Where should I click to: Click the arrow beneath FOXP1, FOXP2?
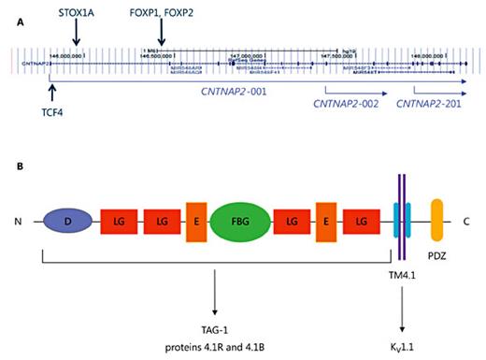162,34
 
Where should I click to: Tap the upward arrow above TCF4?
52,93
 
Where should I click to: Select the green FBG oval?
242,222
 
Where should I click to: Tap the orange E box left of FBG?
196,222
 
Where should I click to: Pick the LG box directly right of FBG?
293,222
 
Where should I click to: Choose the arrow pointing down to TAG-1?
216,291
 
